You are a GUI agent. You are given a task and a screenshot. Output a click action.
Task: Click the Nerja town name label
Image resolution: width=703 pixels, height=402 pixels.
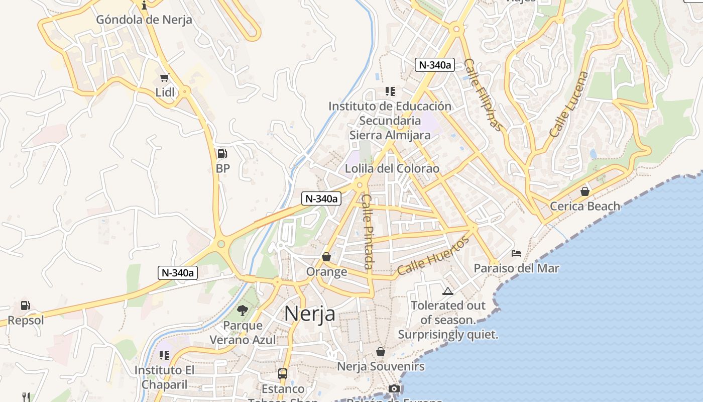(310, 314)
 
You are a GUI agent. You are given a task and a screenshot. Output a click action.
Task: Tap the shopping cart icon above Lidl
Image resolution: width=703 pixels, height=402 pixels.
(164, 77)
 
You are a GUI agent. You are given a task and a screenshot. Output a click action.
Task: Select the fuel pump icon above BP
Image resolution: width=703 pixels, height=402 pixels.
(222, 154)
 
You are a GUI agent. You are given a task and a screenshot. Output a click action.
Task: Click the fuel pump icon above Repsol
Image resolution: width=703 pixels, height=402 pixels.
(25, 305)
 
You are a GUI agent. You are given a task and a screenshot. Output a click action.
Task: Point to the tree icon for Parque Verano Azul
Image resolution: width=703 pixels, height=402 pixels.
(243, 311)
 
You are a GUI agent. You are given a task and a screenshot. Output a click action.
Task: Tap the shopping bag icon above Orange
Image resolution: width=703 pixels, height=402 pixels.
(326, 257)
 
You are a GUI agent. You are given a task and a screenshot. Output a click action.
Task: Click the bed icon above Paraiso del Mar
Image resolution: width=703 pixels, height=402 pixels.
(516, 253)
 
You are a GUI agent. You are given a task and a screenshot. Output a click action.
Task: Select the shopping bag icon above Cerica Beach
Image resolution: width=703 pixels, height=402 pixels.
(584, 191)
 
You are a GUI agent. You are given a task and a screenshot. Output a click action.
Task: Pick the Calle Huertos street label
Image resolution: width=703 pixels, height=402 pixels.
(433, 256)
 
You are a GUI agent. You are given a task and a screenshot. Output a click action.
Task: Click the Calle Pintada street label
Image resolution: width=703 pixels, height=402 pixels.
(368, 231)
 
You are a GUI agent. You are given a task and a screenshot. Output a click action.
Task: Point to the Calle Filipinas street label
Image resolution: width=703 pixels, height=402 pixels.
(483, 94)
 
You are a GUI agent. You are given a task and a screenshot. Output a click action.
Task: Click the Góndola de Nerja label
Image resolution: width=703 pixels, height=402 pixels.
(144, 20)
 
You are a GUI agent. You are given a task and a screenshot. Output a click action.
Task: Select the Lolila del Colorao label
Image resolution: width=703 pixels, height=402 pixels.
(392, 168)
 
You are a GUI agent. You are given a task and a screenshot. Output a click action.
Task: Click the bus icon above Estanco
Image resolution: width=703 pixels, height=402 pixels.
(283, 374)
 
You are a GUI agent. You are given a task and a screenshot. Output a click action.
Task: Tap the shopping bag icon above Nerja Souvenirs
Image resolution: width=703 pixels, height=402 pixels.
(381, 351)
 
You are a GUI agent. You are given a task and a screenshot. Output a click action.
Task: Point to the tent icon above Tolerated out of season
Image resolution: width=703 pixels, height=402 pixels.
(447, 291)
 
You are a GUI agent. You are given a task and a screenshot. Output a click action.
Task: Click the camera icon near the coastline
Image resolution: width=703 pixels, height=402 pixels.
(394, 388)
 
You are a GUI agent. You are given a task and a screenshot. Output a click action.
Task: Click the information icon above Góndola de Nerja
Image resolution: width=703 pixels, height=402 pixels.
(145, 6)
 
